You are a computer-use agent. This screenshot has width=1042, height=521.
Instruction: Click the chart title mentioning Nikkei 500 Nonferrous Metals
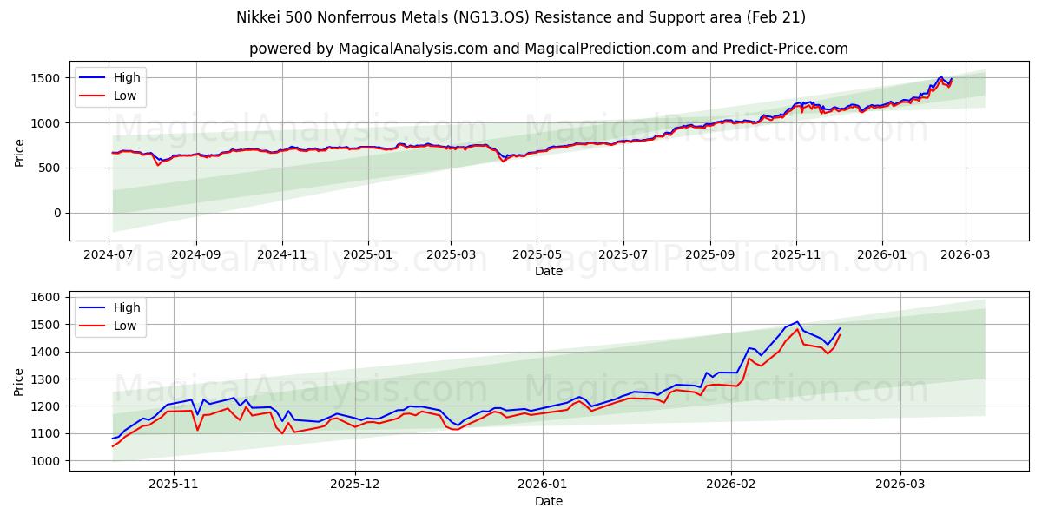(x=521, y=17)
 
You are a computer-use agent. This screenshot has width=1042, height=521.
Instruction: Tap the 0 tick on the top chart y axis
(x=56, y=213)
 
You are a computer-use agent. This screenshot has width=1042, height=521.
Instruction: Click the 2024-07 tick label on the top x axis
(x=109, y=254)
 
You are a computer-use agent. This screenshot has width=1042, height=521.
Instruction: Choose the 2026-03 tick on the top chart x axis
(x=966, y=254)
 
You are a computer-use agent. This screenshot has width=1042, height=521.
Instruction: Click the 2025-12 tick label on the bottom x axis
(x=356, y=485)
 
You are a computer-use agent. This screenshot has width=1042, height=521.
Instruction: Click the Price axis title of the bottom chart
(x=20, y=380)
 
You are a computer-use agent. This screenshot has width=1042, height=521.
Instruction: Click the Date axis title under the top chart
(x=548, y=271)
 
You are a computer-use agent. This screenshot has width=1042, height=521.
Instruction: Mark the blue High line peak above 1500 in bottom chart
(x=797, y=321)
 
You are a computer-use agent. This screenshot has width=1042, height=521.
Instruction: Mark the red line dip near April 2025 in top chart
(x=503, y=161)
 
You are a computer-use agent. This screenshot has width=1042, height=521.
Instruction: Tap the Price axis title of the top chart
(x=20, y=151)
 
